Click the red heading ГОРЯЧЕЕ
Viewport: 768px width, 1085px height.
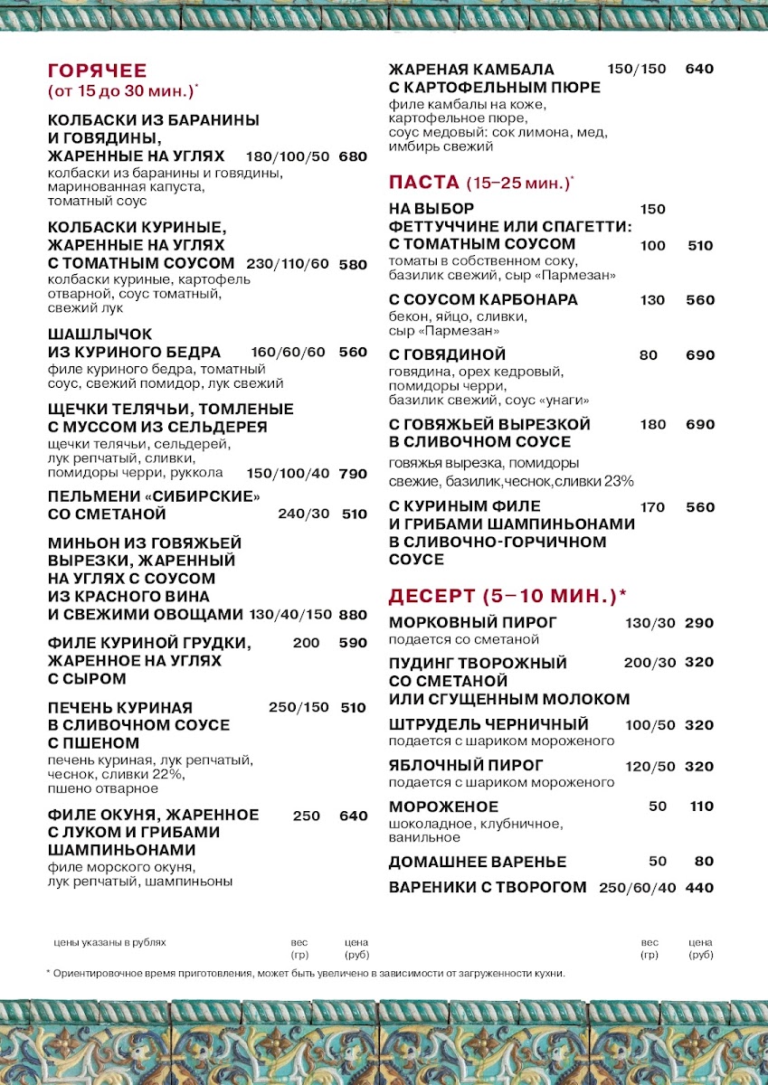click(x=97, y=71)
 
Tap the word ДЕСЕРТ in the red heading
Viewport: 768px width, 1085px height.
click(x=431, y=596)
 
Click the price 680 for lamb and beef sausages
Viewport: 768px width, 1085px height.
click(x=353, y=156)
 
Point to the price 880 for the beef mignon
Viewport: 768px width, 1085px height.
click(x=353, y=615)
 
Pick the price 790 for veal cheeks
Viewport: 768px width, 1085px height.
click(x=353, y=474)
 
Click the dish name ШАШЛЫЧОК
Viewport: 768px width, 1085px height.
click(x=100, y=335)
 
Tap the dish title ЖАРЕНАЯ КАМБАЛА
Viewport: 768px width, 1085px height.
click(x=471, y=70)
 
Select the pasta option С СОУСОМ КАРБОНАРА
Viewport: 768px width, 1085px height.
click(x=483, y=300)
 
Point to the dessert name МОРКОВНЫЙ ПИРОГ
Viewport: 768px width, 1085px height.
click(x=473, y=623)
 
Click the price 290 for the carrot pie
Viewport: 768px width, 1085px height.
click(x=699, y=623)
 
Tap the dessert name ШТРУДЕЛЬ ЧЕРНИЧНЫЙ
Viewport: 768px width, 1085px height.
click(x=488, y=725)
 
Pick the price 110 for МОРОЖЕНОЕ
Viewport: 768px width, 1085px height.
click(x=702, y=807)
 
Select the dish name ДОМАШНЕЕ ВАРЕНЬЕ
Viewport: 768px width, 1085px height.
click(x=478, y=862)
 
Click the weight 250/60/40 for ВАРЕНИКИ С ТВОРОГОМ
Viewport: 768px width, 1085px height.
click(x=638, y=888)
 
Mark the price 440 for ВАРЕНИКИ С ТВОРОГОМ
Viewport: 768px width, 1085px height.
click(x=699, y=888)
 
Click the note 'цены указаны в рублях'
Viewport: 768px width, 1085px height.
click(x=110, y=942)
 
